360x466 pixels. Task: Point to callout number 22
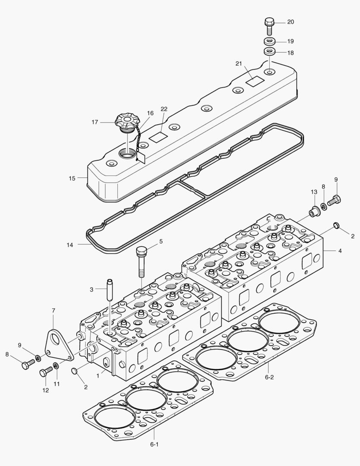tap(164, 109)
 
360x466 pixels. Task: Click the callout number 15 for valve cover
tap(72, 178)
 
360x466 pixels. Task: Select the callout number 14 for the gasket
tap(70, 245)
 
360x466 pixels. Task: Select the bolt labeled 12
tap(45, 372)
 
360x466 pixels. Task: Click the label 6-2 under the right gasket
tap(269, 377)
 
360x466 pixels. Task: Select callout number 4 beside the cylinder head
tap(340, 250)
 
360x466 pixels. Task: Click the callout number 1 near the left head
tap(98, 376)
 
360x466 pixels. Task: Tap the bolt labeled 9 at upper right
tap(334, 200)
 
